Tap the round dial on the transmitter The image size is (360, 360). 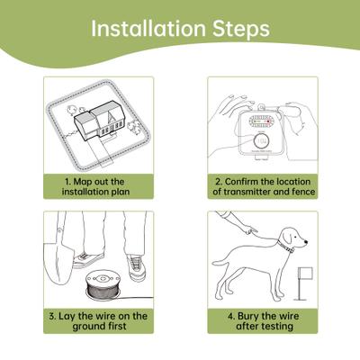click(x=262, y=141)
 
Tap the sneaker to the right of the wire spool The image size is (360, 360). click(x=135, y=266)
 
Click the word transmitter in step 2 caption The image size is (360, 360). click(x=251, y=192)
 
